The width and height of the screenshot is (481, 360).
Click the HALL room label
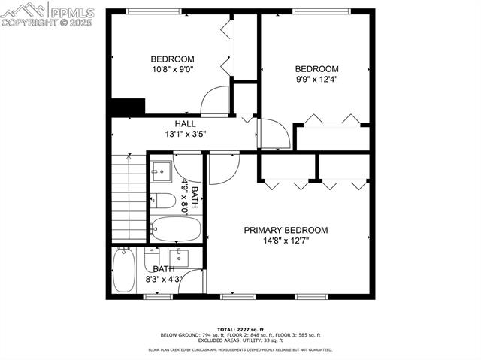point(186,124)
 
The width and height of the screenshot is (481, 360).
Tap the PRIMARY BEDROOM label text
point(286,231)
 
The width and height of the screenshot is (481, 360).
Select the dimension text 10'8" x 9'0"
point(173,69)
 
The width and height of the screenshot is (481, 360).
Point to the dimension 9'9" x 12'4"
point(316,78)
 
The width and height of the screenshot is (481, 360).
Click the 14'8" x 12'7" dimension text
point(286,241)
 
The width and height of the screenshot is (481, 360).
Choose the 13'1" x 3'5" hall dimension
point(186,134)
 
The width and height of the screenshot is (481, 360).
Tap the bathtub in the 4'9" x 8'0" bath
point(176,228)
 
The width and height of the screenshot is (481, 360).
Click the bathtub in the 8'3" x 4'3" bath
point(123,271)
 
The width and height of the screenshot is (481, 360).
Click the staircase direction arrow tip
point(129,158)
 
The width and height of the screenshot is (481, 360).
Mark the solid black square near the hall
point(127,107)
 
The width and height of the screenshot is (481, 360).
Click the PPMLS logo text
point(71,11)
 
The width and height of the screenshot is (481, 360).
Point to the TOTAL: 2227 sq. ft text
point(240,330)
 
